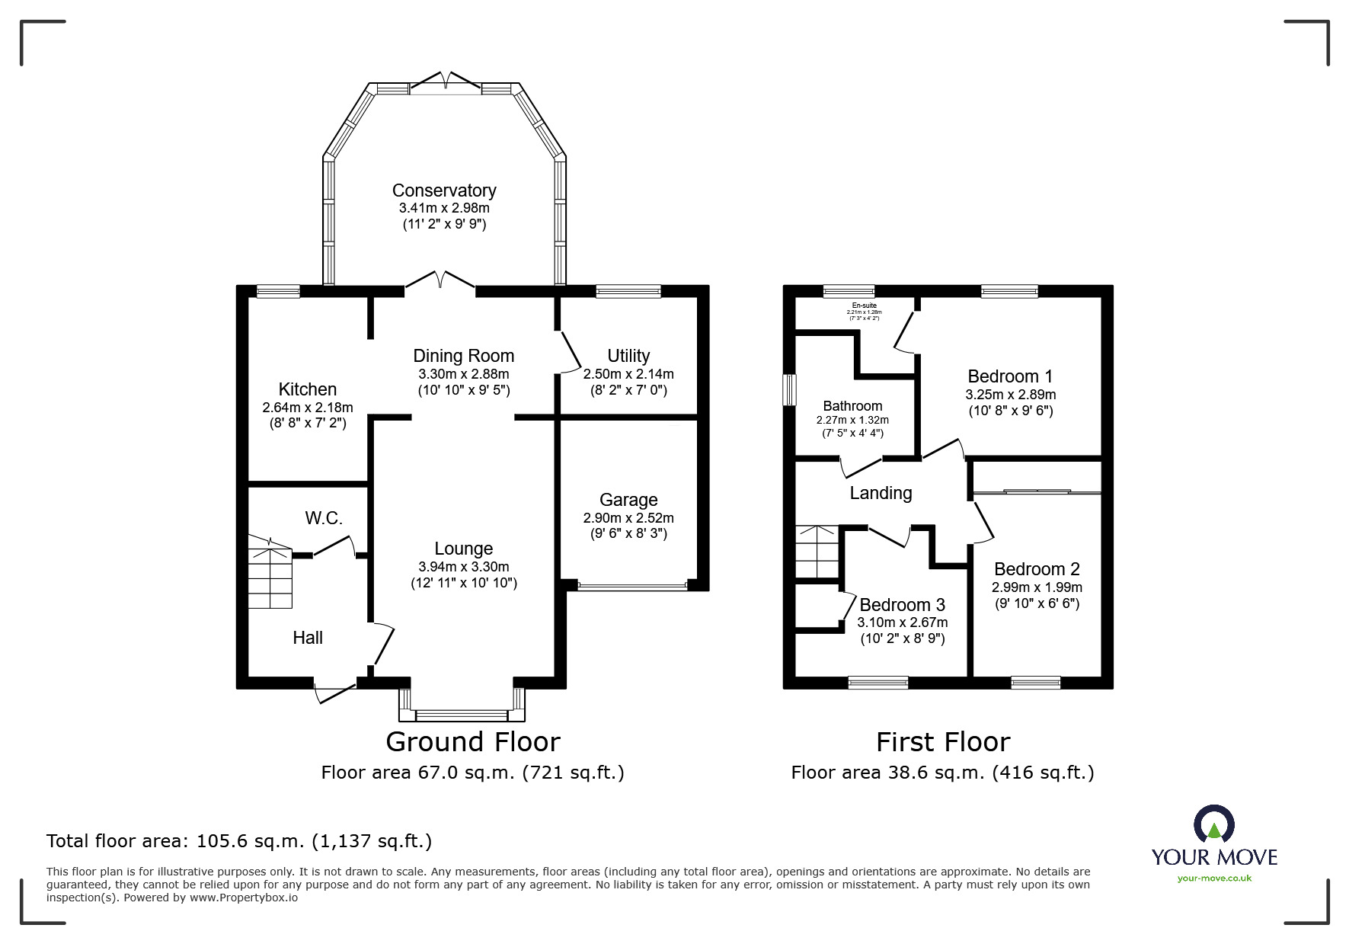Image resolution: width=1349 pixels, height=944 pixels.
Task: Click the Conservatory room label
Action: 443,190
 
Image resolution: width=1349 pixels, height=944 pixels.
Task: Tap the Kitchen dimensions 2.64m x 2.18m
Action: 307,408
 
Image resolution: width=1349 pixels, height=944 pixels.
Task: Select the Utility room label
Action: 628,356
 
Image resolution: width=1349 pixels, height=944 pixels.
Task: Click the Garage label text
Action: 628,500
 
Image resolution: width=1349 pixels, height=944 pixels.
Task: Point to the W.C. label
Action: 324,519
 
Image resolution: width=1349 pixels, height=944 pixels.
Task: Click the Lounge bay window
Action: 462,715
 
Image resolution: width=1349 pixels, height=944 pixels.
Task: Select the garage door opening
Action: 632,587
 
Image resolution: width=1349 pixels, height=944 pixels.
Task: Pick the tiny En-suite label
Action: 864,306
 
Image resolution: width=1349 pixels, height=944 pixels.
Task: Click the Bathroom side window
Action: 790,389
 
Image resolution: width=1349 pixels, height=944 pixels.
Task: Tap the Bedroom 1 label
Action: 1010,376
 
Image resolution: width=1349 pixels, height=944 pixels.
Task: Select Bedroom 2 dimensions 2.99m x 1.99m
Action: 1036,587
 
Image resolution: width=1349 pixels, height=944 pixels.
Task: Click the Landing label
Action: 881,493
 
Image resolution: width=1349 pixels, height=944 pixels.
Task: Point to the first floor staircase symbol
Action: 817,552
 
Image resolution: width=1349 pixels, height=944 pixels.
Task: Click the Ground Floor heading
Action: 472,741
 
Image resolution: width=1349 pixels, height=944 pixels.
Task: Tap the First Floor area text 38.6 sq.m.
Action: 942,773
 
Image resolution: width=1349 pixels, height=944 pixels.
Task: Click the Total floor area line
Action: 239,841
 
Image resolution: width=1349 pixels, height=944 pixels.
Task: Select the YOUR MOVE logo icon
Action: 1213,825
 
